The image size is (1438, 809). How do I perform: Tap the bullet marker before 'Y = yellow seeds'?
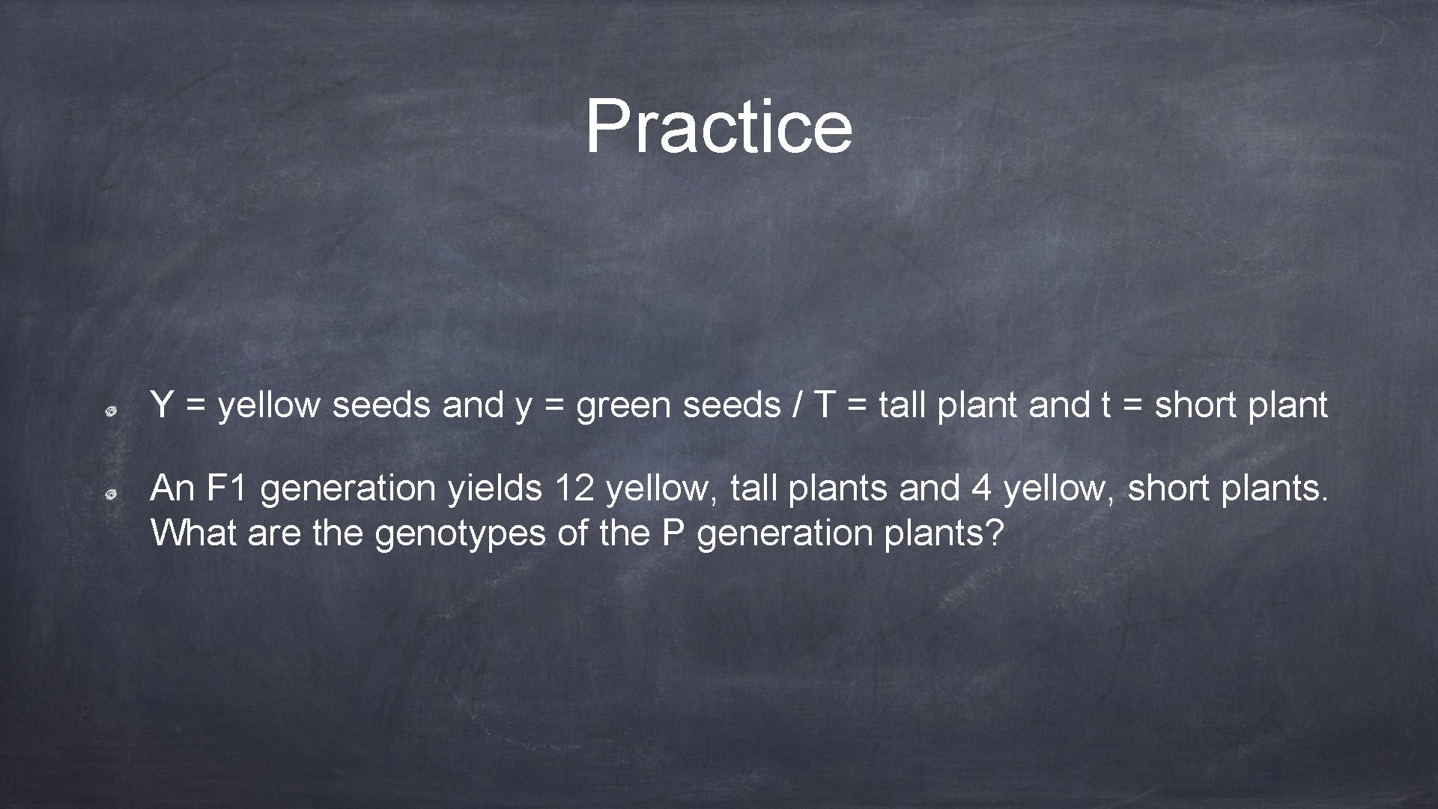click(109, 410)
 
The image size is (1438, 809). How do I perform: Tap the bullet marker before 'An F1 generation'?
click(109, 494)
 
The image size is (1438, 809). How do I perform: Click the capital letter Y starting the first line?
click(161, 405)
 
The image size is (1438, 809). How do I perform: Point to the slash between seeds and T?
click(796, 405)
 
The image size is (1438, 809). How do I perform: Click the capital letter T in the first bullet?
click(824, 405)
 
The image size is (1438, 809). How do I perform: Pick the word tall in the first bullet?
click(902, 405)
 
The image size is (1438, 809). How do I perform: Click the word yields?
click(494, 488)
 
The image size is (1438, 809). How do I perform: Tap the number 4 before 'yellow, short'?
click(981, 488)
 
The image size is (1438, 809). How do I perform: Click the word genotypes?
click(460, 534)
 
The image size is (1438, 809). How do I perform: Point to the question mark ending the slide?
click(995, 533)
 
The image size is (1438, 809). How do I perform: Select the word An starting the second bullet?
click(172, 488)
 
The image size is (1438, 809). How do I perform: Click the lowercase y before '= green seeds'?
click(523, 408)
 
